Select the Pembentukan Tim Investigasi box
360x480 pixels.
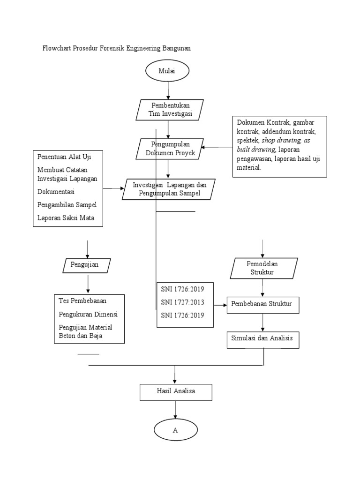point(170,109)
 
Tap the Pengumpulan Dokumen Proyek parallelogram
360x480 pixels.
point(169,148)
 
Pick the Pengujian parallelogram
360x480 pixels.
point(87,265)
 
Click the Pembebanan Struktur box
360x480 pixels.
point(262,304)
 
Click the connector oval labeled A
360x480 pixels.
point(175,430)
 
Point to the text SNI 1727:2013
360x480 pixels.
point(180,302)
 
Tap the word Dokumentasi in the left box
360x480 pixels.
point(56,191)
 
